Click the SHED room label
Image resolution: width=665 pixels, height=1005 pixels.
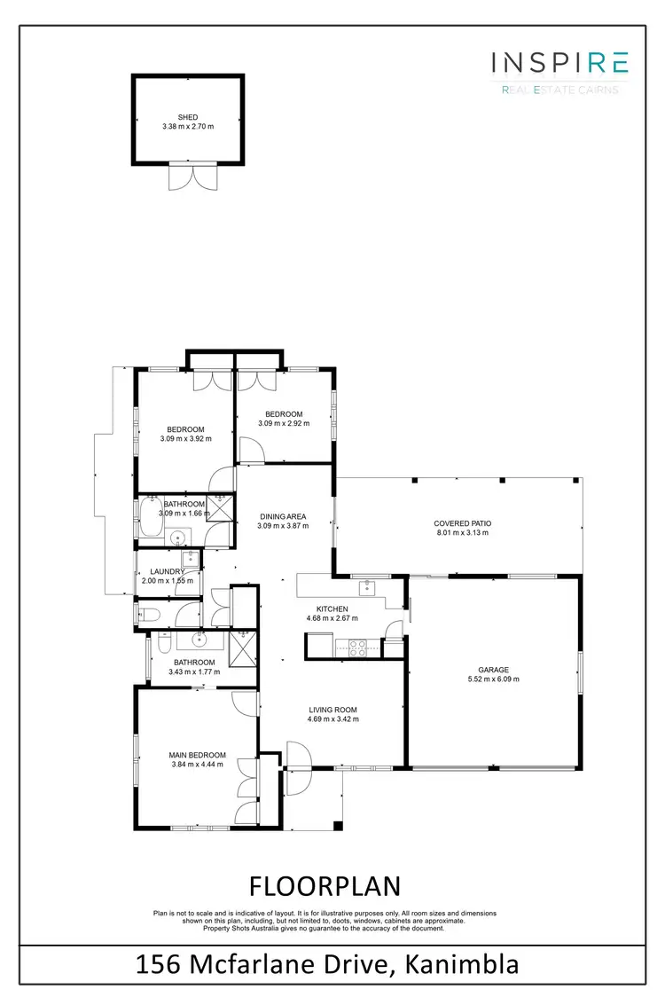[187, 117]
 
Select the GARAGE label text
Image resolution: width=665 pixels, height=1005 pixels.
[494, 670]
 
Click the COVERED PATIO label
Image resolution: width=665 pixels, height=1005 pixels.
[462, 523]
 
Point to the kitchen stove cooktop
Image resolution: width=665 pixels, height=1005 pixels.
[357, 646]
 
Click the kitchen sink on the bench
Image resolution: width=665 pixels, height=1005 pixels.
[367, 587]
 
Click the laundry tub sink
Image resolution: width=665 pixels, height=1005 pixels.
[188, 560]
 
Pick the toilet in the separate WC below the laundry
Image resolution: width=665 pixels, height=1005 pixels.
[149, 613]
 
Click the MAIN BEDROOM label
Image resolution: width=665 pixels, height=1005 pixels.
[196, 755]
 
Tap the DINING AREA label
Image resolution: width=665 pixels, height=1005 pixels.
[283, 516]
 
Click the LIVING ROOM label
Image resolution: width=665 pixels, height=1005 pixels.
[332, 709]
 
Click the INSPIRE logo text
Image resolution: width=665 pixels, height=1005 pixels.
[560, 61]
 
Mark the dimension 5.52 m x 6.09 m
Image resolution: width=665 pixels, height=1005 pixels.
[494, 679]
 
